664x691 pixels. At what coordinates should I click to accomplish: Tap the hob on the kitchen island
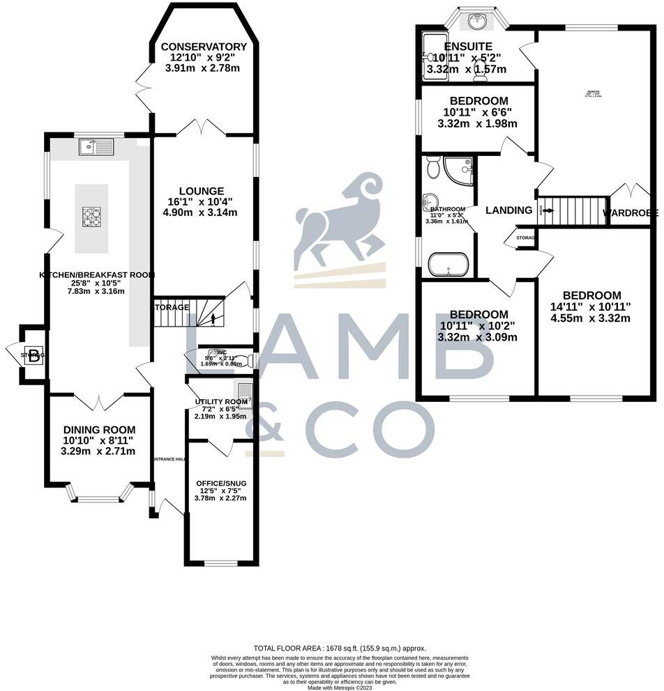pyautogui.click(x=92, y=217)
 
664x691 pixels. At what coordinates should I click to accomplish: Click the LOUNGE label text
pyautogui.click(x=201, y=191)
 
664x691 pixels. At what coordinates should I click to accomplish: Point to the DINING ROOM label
pyautogui.click(x=99, y=430)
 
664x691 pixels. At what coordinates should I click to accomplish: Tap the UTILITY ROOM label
pyautogui.click(x=221, y=402)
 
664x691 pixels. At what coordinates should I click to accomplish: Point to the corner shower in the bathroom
pyautogui.click(x=460, y=170)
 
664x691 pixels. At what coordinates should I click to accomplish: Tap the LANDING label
pyautogui.click(x=508, y=210)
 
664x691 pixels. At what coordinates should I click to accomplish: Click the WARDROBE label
pyautogui.click(x=630, y=212)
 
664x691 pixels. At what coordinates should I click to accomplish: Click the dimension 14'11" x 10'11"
pyautogui.click(x=592, y=306)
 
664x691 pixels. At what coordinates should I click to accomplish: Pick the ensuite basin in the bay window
pyautogui.click(x=478, y=21)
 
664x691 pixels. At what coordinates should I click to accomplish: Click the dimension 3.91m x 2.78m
pyautogui.click(x=199, y=69)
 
